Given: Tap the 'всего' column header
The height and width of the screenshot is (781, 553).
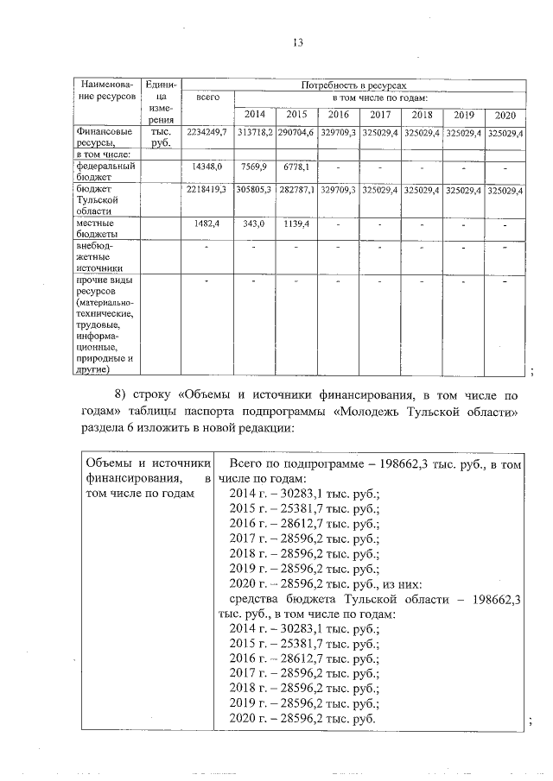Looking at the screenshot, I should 207,99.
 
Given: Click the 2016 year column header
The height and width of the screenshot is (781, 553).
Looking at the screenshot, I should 338,115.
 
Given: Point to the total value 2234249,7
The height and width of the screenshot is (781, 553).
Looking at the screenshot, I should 207,133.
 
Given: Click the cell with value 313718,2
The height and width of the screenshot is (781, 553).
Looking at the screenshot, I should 254,133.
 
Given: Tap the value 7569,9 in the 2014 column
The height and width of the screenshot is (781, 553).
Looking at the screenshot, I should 253,164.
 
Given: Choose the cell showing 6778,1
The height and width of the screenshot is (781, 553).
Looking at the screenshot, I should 296,164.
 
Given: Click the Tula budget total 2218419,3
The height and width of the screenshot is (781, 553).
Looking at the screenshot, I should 207,189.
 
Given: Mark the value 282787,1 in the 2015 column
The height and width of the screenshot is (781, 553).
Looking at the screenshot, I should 296,189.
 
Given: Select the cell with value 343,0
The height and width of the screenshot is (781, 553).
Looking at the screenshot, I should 253,224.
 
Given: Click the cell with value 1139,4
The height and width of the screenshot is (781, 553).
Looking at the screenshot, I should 296,224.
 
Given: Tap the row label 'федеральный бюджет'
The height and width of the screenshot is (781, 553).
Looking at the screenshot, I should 104,169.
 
